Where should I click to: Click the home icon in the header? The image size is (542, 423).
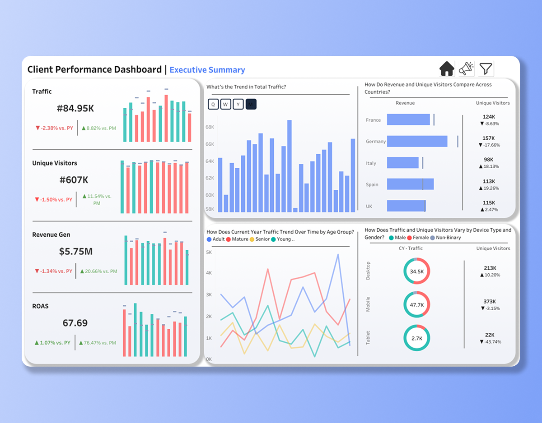pyautogui.click(x=447, y=69)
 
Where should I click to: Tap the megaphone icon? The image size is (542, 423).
pyautogui.click(x=466, y=69)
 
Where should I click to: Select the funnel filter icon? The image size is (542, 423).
pyautogui.click(x=486, y=69)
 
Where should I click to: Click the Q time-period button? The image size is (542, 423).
pyautogui.click(x=213, y=105)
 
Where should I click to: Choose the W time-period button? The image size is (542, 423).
pyautogui.click(x=226, y=105)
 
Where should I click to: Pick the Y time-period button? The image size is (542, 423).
pyautogui.click(x=238, y=105)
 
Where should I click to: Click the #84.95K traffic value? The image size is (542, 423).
pyautogui.click(x=75, y=109)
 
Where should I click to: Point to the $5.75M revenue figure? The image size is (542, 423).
pyautogui.click(x=75, y=252)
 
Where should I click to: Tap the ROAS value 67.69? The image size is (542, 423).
pyautogui.click(x=75, y=323)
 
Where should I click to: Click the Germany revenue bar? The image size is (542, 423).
pyautogui.click(x=417, y=141)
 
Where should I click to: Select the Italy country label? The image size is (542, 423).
pyautogui.click(x=371, y=163)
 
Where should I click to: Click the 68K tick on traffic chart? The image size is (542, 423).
pyautogui.click(x=210, y=127)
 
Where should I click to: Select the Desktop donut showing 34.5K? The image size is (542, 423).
pyautogui.click(x=416, y=271)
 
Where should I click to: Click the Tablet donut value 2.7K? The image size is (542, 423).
pyautogui.click(x=416, y=338)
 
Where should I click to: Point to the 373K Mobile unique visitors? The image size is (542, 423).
pyautogui.click(x=489, y=301)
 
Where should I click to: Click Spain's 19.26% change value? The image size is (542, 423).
pyautogui.click(x=489, y=188)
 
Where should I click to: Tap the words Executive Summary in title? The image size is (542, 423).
pyautogui.click(x=207, y=70)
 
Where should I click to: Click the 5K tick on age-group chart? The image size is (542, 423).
pyautogui.click(x=209, y=252)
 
